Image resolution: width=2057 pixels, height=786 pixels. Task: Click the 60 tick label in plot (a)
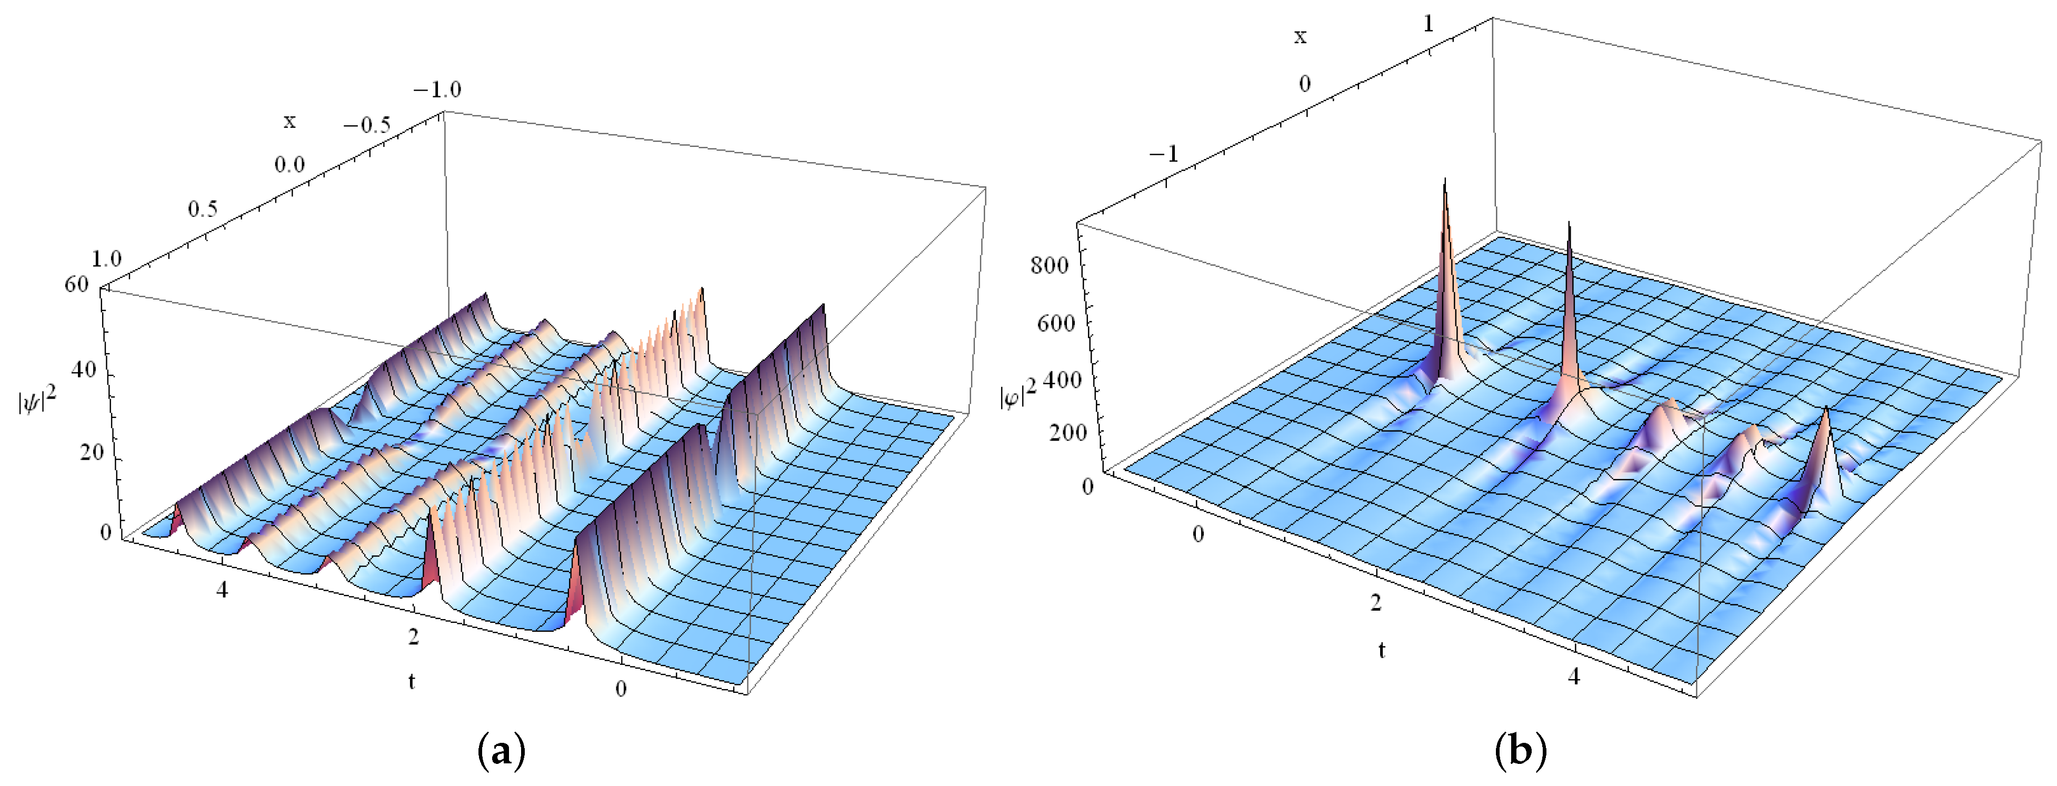pos(77,284)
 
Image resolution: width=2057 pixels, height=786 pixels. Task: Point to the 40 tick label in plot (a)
pos(83,370)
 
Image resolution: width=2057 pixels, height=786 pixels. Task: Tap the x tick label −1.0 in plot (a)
pos(437,89)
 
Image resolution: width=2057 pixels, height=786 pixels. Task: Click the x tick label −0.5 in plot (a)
pos(367,125)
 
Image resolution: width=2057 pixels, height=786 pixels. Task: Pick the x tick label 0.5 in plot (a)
pos(203,210)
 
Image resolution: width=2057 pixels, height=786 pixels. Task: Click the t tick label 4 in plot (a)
pos(222,590)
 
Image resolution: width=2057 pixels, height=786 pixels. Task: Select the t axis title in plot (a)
pos(411,681)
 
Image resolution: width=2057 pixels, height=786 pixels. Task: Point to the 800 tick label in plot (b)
pos(1049,265)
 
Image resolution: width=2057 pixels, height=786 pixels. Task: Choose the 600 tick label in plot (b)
pos(1056,323)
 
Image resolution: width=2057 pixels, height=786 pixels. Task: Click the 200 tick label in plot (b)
pos(1067,433)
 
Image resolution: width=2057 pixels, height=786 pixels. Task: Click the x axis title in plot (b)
pos(1300,36)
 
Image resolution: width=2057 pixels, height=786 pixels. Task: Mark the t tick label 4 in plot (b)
pos(1573,676)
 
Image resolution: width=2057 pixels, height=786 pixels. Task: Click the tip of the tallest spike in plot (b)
pos(1444,181)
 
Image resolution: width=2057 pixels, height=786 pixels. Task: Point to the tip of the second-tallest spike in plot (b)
pos(1569,224)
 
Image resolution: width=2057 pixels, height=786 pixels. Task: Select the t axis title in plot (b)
pos(1382,650)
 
